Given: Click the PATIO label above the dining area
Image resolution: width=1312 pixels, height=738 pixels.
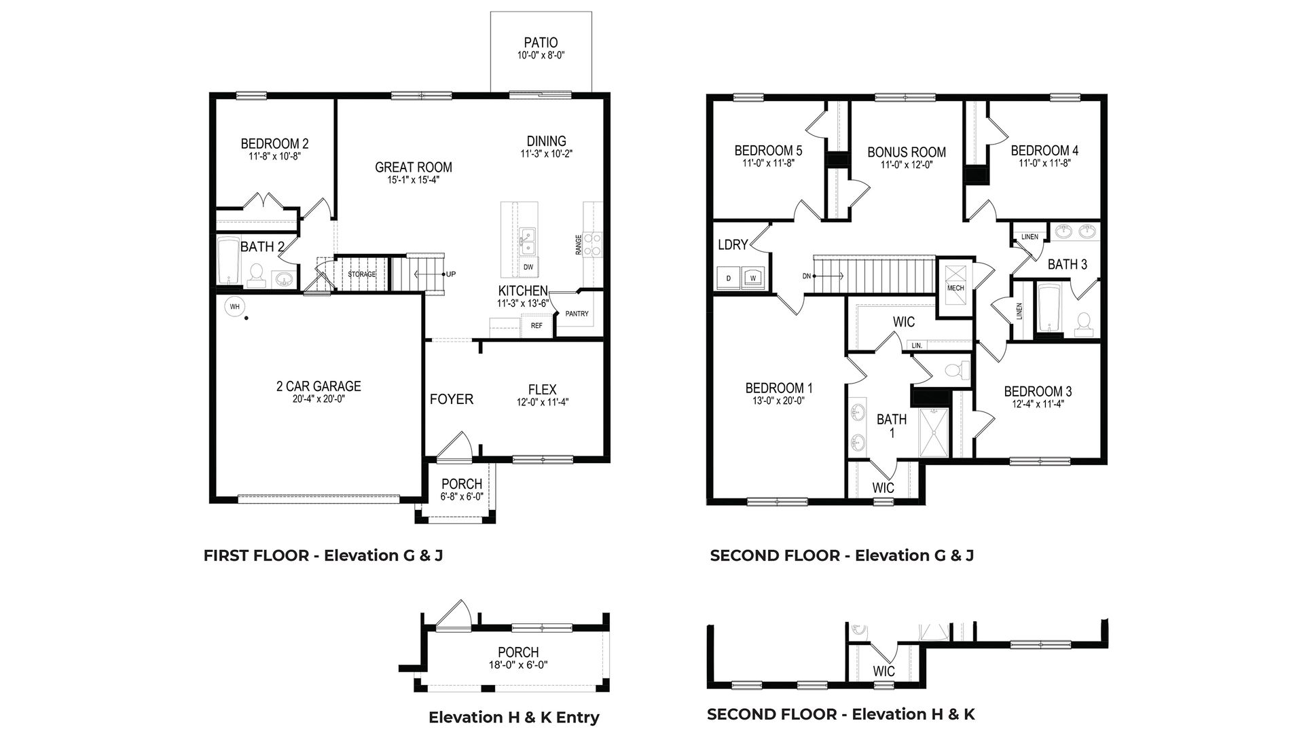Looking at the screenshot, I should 541,43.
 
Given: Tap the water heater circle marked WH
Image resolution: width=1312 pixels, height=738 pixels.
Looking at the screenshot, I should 235,307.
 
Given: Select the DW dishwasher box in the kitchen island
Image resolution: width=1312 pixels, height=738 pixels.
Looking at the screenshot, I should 528,267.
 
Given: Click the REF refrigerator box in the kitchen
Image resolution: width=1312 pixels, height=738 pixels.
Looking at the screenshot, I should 536,326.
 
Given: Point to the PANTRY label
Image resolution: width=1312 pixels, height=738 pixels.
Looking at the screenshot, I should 577,314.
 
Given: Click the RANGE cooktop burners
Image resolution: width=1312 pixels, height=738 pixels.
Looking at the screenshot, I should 593,244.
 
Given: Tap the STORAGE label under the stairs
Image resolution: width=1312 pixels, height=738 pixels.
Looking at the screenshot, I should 362,274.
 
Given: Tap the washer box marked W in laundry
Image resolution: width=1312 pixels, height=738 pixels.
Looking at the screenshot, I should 752,278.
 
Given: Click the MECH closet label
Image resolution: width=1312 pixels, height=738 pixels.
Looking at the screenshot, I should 955,288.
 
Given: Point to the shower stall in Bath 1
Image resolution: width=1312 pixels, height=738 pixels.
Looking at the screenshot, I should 936,432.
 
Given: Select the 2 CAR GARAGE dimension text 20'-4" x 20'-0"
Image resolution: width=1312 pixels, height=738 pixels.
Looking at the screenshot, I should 319,399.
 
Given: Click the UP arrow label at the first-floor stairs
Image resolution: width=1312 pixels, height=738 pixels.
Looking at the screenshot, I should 450,274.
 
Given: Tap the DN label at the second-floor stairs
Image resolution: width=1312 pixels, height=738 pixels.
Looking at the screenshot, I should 807,276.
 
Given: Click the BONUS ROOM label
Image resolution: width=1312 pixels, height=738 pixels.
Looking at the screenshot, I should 906,152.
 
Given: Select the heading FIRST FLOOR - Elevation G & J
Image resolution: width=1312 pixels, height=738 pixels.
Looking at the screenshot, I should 323,555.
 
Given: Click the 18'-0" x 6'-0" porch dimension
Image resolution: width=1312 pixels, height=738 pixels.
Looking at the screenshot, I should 518,665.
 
